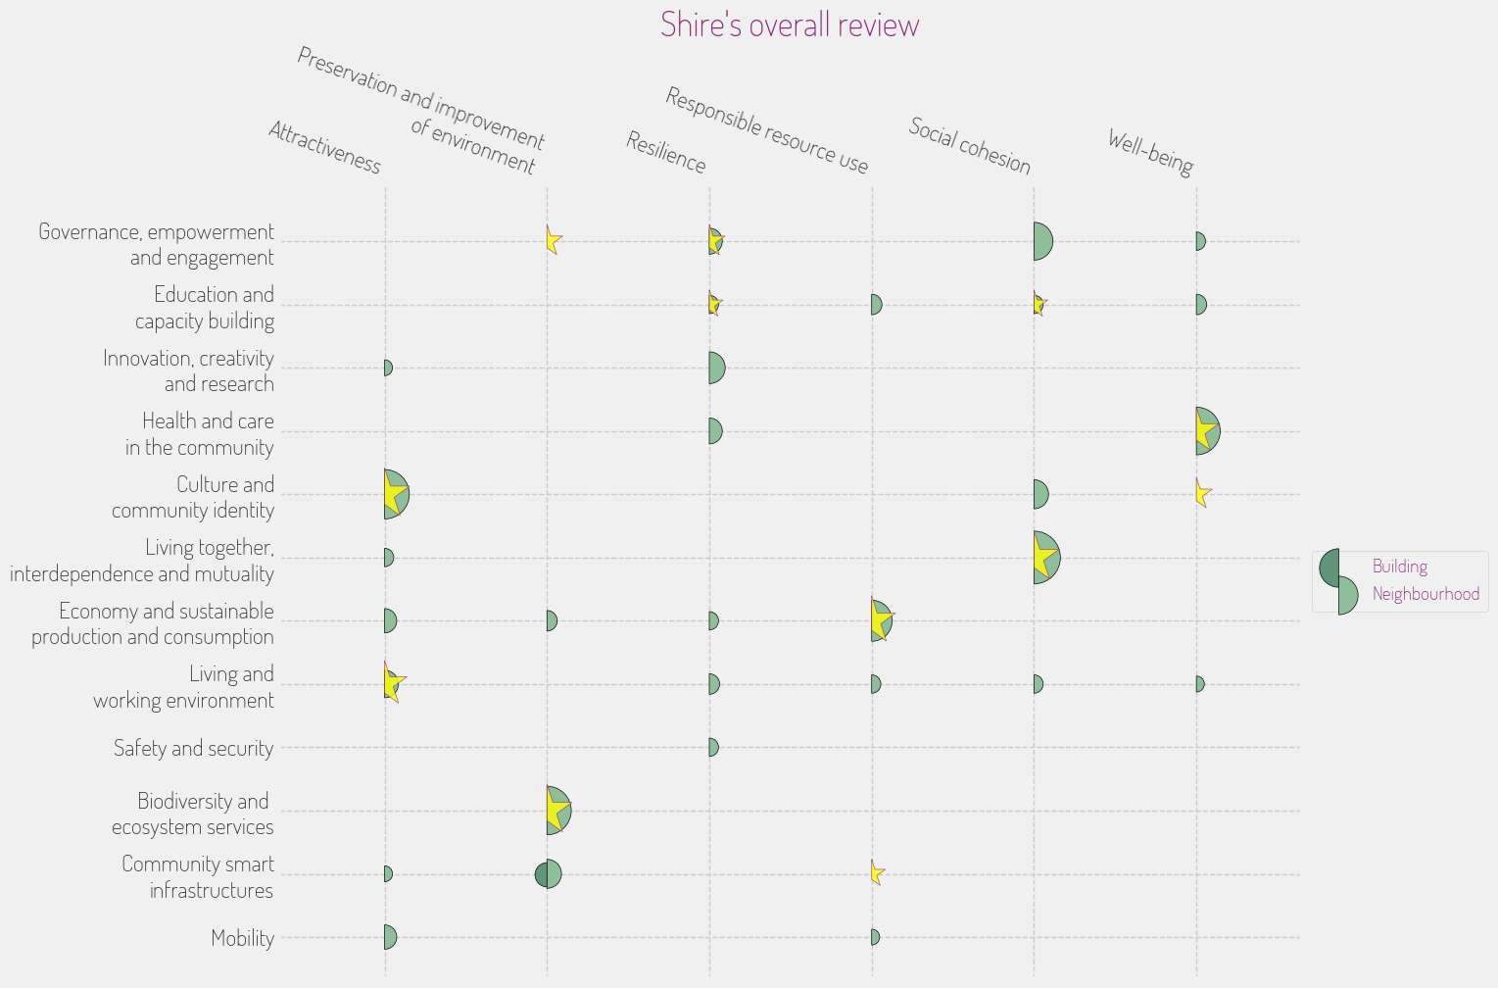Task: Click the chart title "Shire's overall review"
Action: point(790,25)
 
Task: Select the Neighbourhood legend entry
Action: point(1425,594)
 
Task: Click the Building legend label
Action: point(1399,567)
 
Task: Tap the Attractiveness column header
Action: point(324,148)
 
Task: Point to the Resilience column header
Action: point(665,153)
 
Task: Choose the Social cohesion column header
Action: point(969,146)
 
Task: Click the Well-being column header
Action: point(1150,153)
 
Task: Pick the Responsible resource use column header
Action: point(766,130)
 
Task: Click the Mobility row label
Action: point(242,938)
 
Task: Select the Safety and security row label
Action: point(193,749)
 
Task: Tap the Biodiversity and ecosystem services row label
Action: point(193,814)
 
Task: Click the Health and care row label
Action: point(200,434)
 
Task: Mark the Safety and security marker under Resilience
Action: point(713,748)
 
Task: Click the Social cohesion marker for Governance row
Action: point(1042,241)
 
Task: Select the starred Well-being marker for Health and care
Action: point(1206,431)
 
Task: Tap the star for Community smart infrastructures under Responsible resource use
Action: point(877,872)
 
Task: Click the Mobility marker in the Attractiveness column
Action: point(390,937)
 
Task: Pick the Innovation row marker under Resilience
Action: point(717,369)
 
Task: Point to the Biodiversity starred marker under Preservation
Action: point(557,811)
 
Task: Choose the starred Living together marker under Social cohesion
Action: point(1045,558)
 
